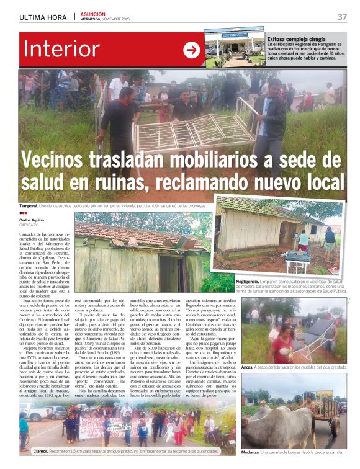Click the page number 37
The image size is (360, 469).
[341, 17]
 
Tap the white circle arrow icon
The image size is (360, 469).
[192, 50]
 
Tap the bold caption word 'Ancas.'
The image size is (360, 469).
[248, 367]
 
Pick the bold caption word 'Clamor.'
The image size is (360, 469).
[41, 451]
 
